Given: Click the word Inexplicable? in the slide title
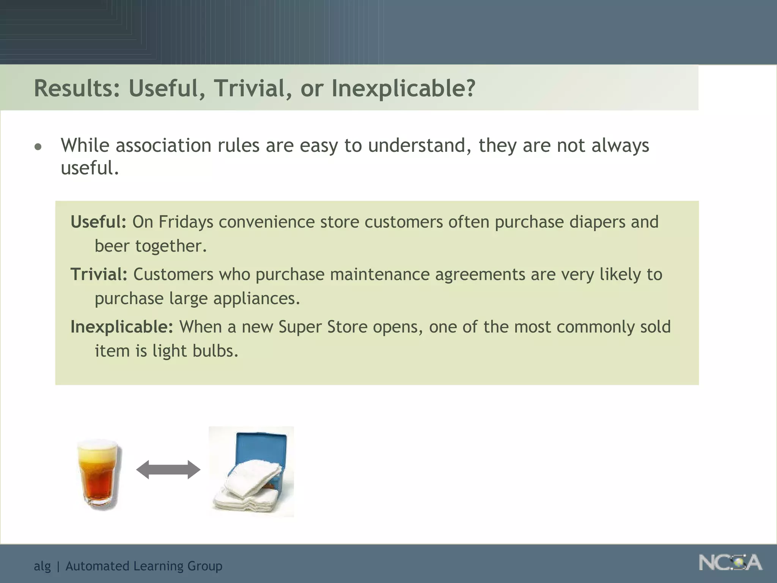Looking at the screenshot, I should pos(403,88).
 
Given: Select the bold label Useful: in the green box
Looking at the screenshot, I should pos(98,222).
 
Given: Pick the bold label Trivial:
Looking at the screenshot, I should pos(99,274).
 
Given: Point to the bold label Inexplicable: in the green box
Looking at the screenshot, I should pos(122,327).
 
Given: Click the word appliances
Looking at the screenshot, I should pos(256,299).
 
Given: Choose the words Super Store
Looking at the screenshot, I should pos(323,327).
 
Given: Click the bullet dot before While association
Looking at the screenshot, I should pos(38,147).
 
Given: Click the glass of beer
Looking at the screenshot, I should pos(100,478).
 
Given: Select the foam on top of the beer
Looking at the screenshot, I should pos(100,448).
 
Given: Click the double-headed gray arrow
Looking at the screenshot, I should pos(168,470).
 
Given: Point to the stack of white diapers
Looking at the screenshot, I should pos(250,490).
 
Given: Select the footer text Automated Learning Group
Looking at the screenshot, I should pos(144,566).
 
